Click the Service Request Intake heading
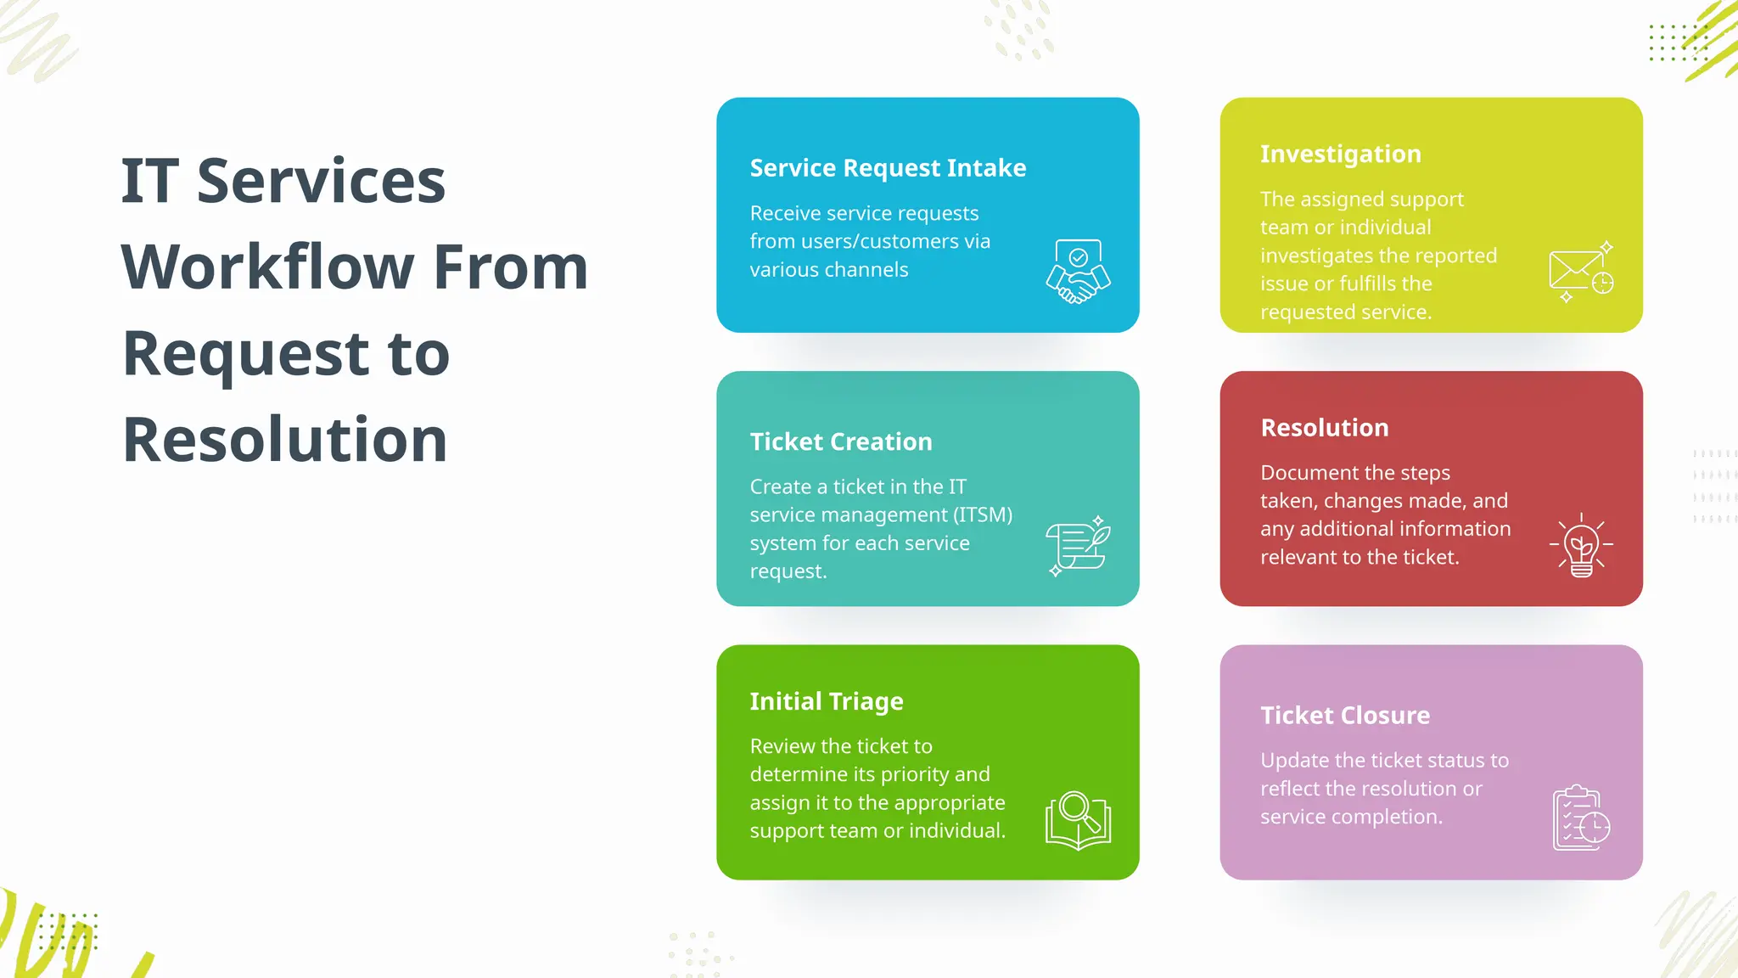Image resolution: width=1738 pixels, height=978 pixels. (x=888, y=168)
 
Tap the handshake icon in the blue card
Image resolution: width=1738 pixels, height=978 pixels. (x=1078, y=272)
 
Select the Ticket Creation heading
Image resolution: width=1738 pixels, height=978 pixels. (x=840, y=441)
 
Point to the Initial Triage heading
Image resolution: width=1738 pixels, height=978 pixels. (x=826, y=701)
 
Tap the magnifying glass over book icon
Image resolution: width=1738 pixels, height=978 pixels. (x=1078, y=820)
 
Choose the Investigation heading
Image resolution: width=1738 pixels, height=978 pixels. (x=1340, y=154)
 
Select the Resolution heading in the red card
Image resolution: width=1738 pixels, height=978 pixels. (x=1324, y=428)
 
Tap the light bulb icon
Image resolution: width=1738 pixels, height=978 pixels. (x=1581, y=546)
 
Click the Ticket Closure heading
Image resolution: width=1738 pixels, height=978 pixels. (x=1344, y=716)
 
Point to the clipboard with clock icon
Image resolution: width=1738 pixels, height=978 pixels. (x=1581, y=818)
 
